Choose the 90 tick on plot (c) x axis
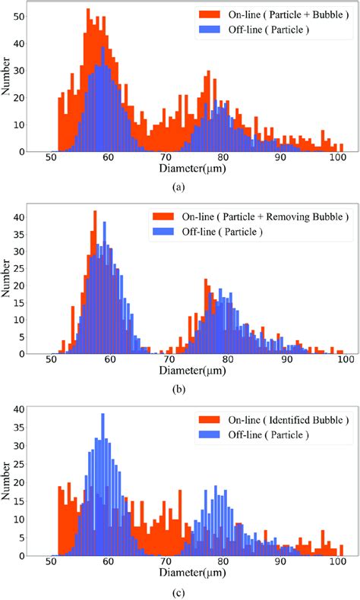point(279,565)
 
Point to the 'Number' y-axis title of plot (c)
point(7,485)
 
